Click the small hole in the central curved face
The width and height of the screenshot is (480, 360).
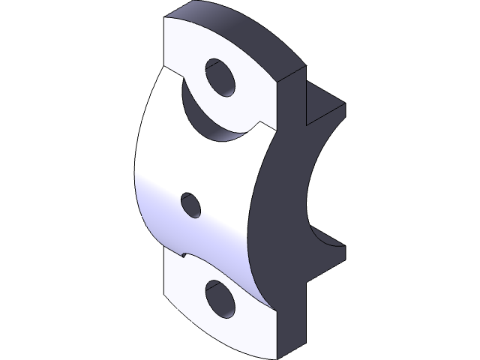(191, 205)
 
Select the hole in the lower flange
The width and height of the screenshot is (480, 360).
(220, 299)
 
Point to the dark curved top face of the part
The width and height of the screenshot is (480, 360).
(232, 30)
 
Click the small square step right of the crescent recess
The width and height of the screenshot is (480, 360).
(262, 124)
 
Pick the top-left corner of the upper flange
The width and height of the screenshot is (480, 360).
(165, 19)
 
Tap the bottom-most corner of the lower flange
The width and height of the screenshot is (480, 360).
(277, 358)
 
